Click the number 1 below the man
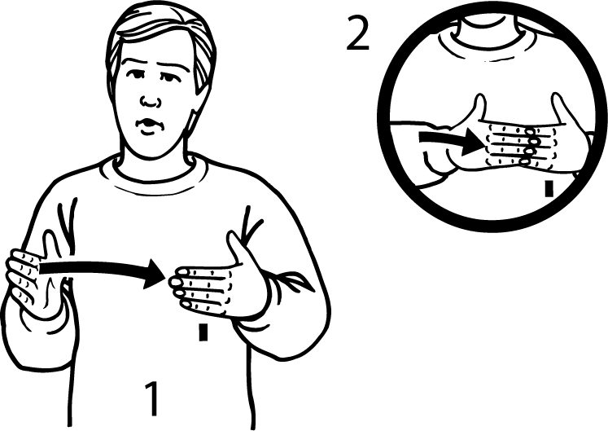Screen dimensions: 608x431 [x=152, y=398]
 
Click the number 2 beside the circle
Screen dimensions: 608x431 [x=357, y=34]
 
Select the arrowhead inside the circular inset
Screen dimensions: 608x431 [x=475, y=142]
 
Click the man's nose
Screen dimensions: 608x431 [x=151, y=101]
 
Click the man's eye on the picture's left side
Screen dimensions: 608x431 [x=136, y=74]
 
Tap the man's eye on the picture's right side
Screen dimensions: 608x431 [x=169, y=77]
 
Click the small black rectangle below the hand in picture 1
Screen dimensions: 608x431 [x=203, y=332]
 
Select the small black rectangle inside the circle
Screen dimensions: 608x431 [x=549, y=189]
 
